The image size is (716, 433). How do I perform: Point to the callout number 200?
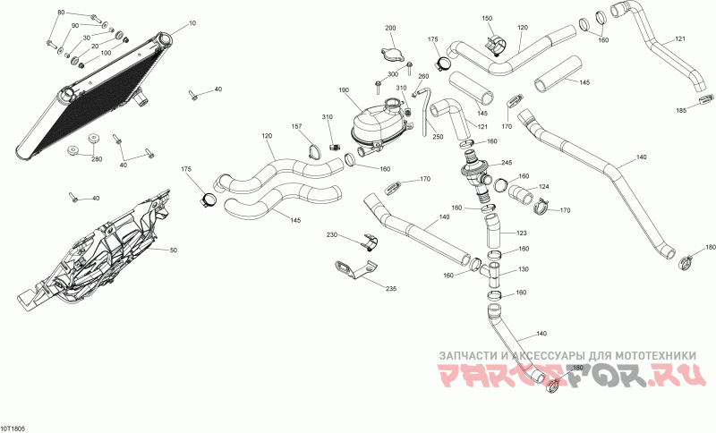pyautogui.click(x=390, y=29)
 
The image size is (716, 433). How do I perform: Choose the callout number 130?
pyautogui.click(x=524, y=269)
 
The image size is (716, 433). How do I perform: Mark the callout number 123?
pyautogui.click(x=522, y=233)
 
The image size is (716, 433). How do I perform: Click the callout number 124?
pyautogui.click(x=543, y=187)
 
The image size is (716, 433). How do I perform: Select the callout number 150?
pyautogui.click(x=487, y=18)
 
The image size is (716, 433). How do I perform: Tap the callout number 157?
pyautogui.click(x=296, y=127)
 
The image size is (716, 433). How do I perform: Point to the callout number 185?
pyautogui.click(x=681, y=110)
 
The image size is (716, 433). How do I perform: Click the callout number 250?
pyautogui.click(x=438, y=137)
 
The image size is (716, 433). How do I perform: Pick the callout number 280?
pyautogui.click(x=96, y=159)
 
